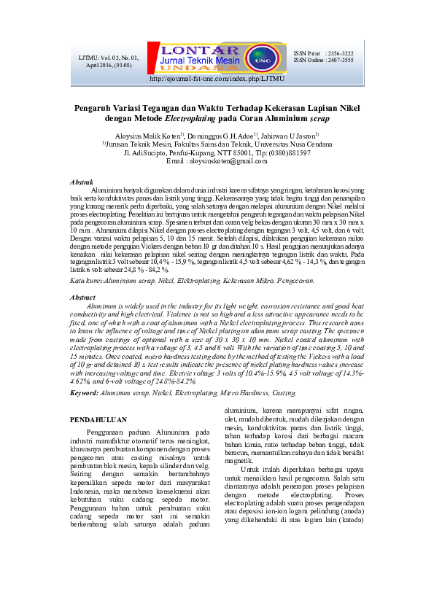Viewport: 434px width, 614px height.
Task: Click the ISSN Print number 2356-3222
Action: coord(341,54)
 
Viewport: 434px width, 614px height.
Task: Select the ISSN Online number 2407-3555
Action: coord(341,61)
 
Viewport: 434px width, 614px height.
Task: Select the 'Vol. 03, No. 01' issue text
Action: coord(108,57)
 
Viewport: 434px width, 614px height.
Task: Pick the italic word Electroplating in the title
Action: coord(190,117)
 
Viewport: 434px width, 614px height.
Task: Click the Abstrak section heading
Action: coord(80,181)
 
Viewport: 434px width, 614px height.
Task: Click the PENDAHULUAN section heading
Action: coord(98,420)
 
